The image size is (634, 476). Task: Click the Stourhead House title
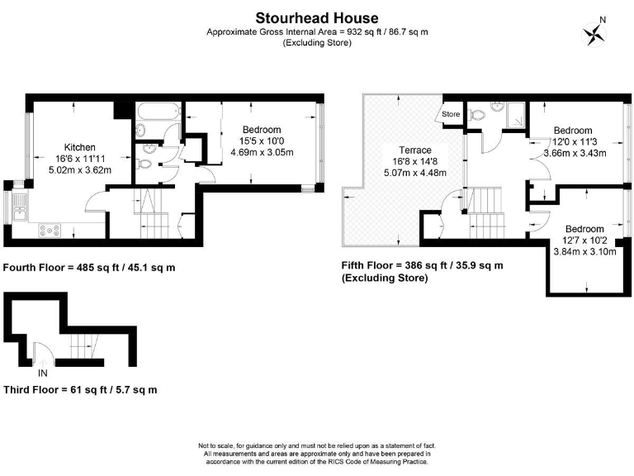pyautogui.click(x=317, y=17)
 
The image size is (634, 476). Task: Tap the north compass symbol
pyautogui.click(x=594, y=32)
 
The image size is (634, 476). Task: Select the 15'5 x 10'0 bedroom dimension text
pyautogui.click(x=262, y=141)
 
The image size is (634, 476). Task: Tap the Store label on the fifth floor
pyautogui.click(x=451, y=114)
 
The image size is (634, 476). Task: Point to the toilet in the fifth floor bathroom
pyautogui.click(x=478, y=115)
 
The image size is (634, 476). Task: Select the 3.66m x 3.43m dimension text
pyautogui.click(x=573, y=153)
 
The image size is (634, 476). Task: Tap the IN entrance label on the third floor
pyautogui.click(x=41, y=361)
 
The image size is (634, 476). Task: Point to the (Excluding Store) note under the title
pyautogui.click(x=317, y=43)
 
